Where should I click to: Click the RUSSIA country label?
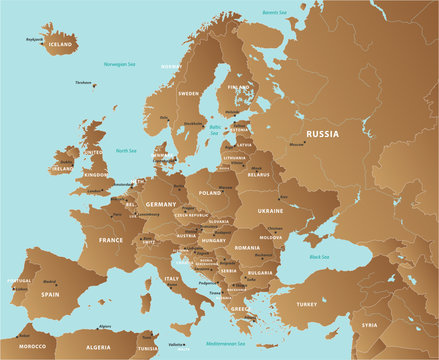point(322,134)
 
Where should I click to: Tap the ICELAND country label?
point(61,45)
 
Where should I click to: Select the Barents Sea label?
point(275,12)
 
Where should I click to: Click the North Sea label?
point(126,151)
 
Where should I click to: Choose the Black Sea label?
point(320,257)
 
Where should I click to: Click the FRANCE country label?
point(111,240)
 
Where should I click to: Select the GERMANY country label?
point(160,204)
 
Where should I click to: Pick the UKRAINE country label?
point(271,211)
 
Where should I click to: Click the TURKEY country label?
point(306,303)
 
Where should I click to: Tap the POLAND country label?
point(210,192)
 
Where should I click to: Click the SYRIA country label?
point(370,325)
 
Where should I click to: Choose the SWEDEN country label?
point(189,93)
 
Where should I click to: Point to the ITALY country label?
point(172,279)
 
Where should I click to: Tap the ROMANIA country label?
point(247,247)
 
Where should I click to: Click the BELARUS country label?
point(259,174)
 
